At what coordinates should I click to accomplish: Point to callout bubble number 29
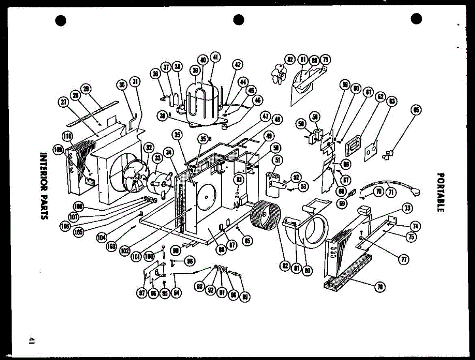[x=86, y=88]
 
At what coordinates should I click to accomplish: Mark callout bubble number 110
[x=67, y=137]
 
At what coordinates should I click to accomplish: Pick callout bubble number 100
[x=149, y=256]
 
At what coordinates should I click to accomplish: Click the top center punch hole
[x=239, y=19]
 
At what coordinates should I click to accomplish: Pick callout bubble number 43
[x=237, y=64]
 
